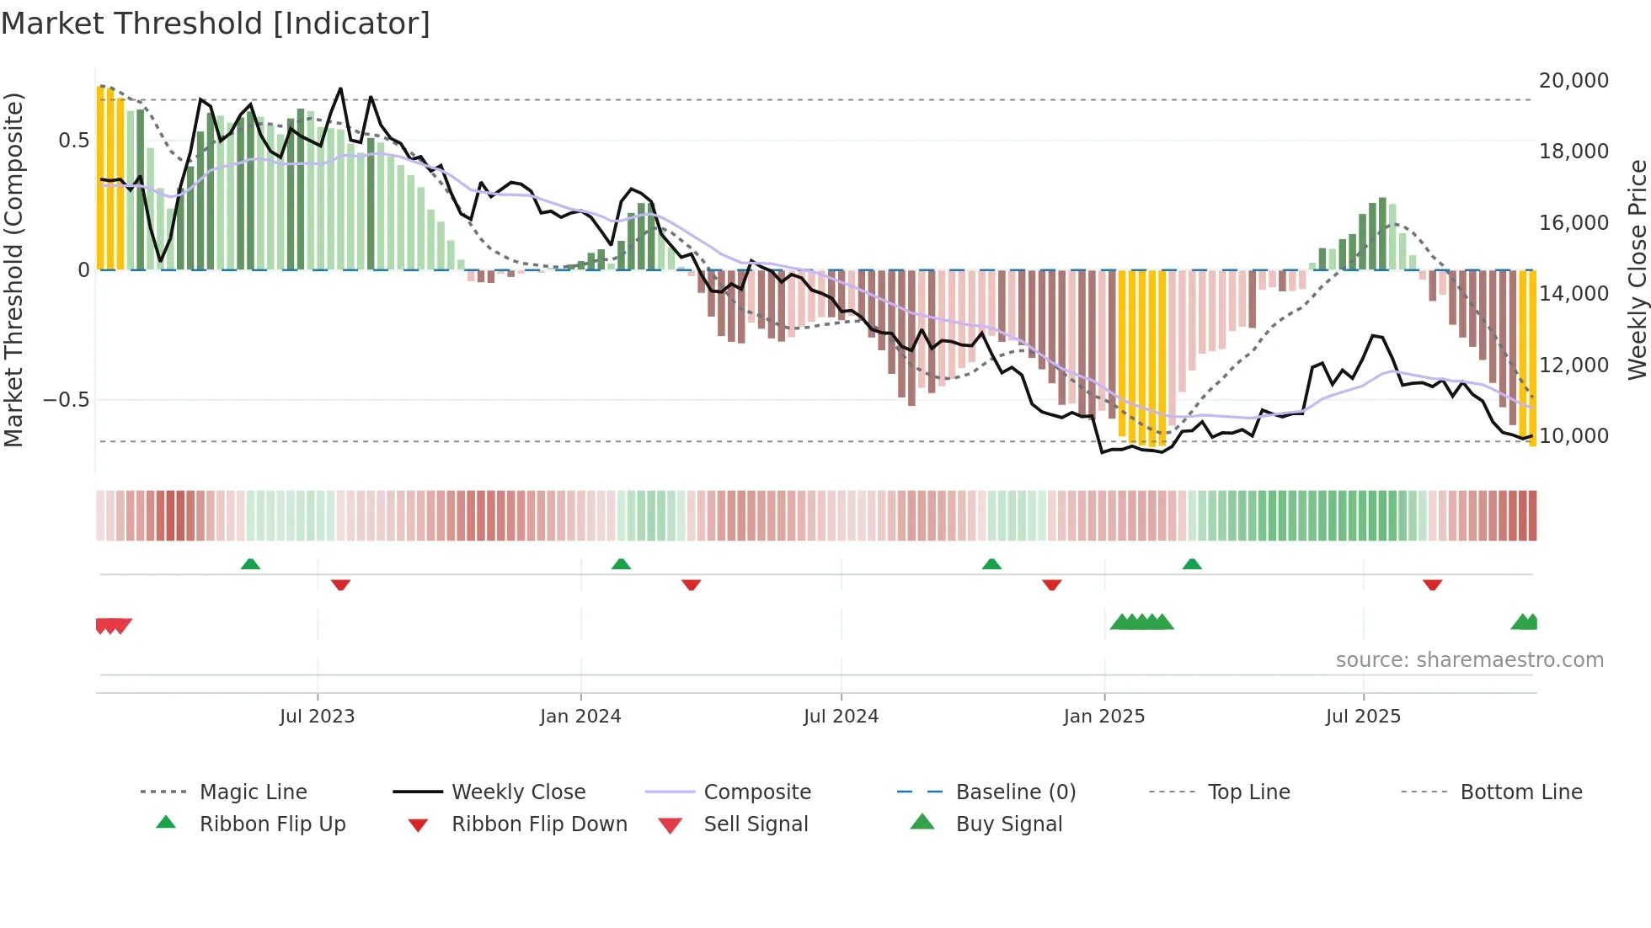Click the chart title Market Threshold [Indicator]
216,24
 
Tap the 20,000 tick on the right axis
1573,81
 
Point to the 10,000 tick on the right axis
1573,436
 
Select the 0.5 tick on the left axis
73,141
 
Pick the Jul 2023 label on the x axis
317,717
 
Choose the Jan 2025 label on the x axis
1103,717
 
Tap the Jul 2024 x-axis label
841,717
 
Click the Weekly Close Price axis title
1637,269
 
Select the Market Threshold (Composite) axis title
13,269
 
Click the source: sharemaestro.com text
1469,660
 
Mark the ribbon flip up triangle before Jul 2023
250,564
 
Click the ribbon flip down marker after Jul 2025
1432,584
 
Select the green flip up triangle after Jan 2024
621,564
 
